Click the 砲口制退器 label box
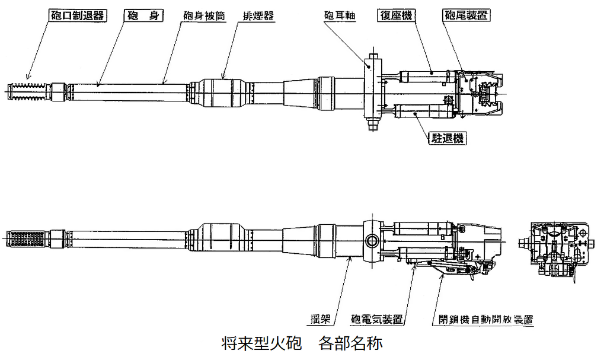point(76,16)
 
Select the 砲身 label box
point(142,16)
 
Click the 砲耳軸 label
point(338,16)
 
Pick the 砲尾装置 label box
point(465,16)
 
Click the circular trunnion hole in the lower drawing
point(373,240)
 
